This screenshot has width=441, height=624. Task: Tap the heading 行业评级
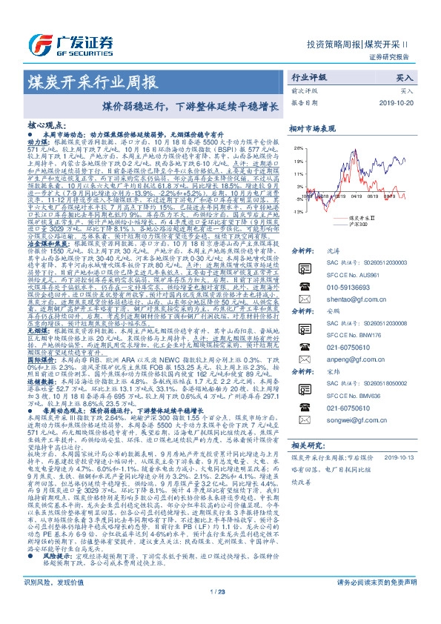click(x=307, y=76)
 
